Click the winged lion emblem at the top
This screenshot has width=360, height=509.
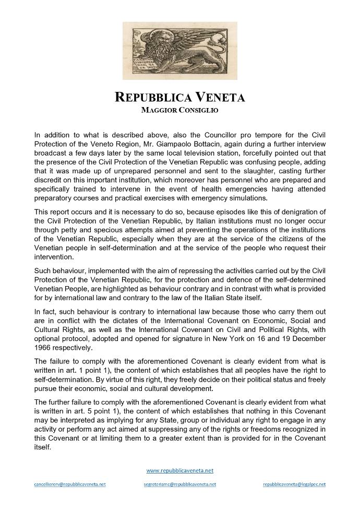pyautogui.click(x=179, y=51)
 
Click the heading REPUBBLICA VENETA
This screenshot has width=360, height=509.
pyautogui.click(x=179, y=97)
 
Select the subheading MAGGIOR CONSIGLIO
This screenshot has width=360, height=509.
pyautogui.click(x=179, y=110)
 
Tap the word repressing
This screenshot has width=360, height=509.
pyautogui.click(x=205, y=270)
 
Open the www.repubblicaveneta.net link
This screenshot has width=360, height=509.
pyautogui.click(x=179, y=470)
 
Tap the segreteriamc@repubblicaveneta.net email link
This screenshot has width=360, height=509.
pyautogui.click(x=179, y=484)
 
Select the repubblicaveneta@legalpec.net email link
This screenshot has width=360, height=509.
pyautogui.click(x=294, y=484)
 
